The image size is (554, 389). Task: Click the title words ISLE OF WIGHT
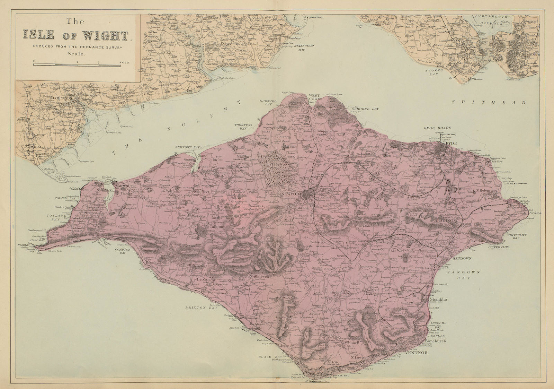click(75, 35)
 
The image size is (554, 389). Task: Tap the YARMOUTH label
click(126, 186)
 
